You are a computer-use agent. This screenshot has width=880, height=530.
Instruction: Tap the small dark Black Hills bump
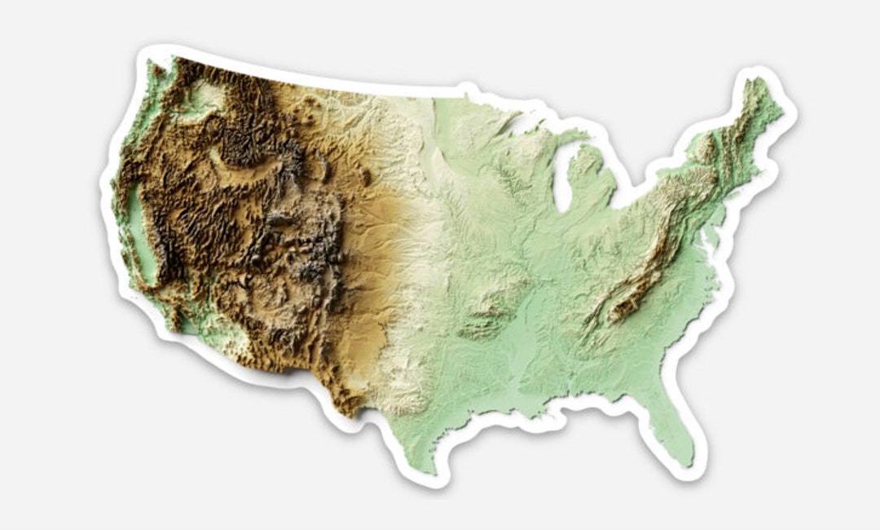click(366, 175)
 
